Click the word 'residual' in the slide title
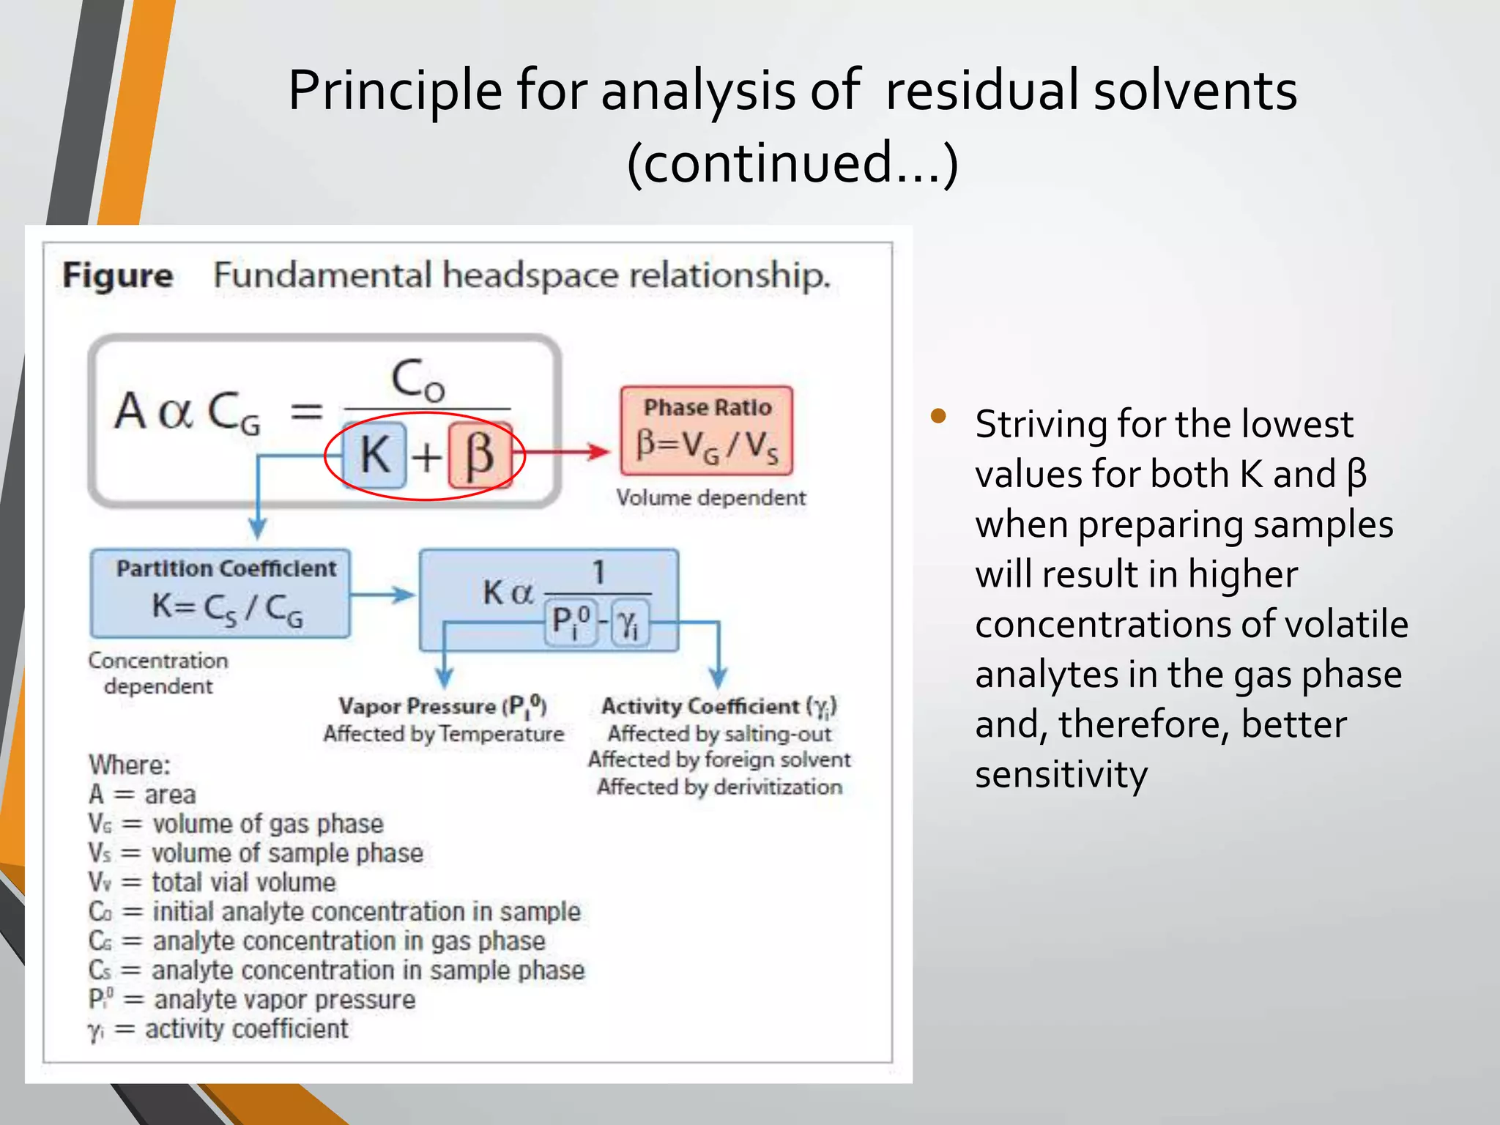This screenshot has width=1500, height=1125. click(x=980, y=90)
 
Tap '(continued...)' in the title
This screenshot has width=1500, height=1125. click(x=792, y=163)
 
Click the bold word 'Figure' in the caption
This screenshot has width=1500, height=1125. click(x=117, y=276)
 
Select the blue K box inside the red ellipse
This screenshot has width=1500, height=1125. click(x=375, y=455)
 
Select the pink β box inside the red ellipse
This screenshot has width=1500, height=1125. click(x=480, y=455)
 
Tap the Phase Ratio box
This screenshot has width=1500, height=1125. click(x=707, y=431)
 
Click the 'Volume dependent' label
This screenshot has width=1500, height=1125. click(x=710, y=498)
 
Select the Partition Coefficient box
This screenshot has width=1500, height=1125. click(x=220, y=593)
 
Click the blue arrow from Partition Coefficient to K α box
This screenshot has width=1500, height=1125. click(x=383, y=595)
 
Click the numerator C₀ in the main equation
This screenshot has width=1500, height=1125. click(x=417, y=381)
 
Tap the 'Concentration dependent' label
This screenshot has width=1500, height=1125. click(x=158, y=673)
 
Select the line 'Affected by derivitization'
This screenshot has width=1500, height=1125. click(x=719, y=787)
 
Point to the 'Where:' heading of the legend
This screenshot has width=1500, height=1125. click(x=130, y=765)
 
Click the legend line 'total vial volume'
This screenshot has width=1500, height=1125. click(x=243, y=883)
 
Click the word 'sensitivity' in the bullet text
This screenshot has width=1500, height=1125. click(x=1061, y=774)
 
